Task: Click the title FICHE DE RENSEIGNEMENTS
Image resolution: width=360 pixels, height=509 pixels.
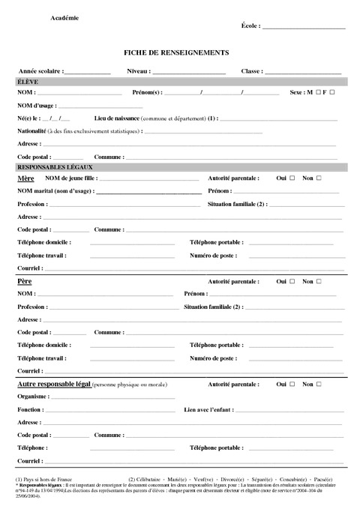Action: tap(176, 52)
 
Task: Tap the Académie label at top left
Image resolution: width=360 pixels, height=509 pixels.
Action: tap(65, 16)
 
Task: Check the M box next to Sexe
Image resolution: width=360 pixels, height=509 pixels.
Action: tap(319, 92)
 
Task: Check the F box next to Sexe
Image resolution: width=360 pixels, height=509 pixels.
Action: tap(332, 92)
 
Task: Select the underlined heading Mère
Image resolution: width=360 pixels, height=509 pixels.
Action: tap(25, 179)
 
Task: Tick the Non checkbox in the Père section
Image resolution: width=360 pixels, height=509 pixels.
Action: tap(318, 282)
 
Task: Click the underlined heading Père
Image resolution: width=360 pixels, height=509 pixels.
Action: tap(24, 282)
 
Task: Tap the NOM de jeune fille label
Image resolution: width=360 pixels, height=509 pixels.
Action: tap(71, 178)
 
